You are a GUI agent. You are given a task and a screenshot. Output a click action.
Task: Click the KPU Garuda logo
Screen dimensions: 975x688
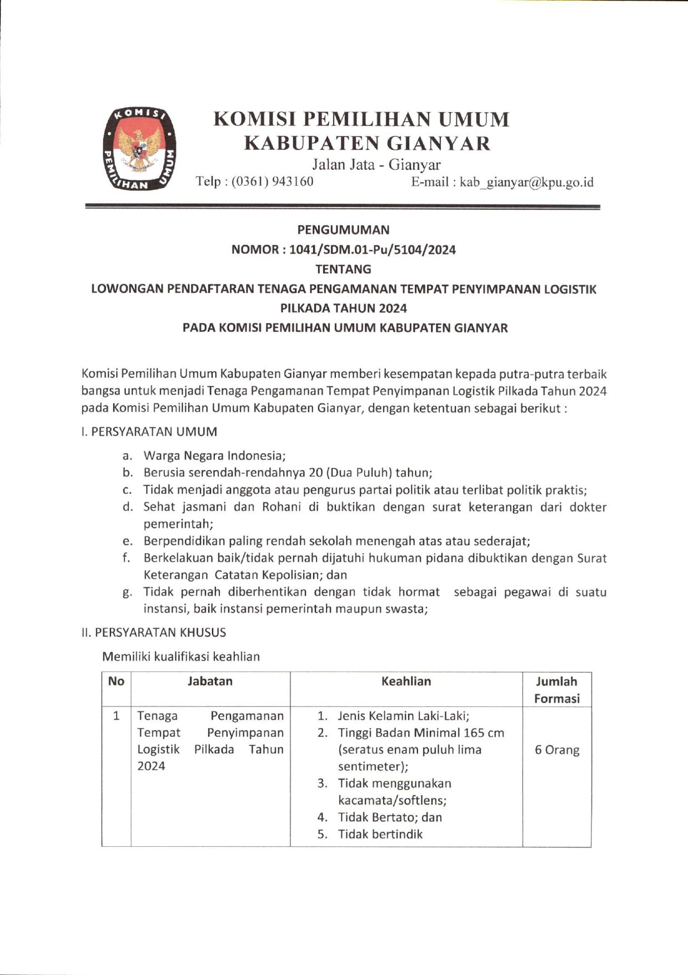pyautogui.click(x=140, y=149)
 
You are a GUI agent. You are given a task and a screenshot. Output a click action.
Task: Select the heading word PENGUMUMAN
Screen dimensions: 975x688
pyautogui.click(x=343, y=230)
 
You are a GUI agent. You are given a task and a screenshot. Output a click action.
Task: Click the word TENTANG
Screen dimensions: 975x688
pyautogui.click(x=343, y=269)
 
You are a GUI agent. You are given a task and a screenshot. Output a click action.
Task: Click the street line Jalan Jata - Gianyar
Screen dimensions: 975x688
pyautogui.click(x=376, y=164)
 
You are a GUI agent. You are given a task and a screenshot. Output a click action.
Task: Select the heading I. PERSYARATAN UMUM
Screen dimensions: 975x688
pyautogui.click(x=149, y=431)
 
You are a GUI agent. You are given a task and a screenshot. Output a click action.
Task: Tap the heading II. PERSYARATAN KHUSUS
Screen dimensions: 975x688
pyautogui.click(x=153, y=632)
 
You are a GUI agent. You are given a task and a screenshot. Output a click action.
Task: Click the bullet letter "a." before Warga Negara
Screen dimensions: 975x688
pyautogui.click(x=127, y=456)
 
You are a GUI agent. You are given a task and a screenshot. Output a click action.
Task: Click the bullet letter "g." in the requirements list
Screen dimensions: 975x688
pyautogui.click(x=127, y=592)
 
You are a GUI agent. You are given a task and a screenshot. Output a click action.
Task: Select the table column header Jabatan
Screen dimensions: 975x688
pyautogui.click(x=210, y=681)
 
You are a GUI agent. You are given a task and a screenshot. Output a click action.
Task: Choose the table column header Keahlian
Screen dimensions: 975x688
pyautogui.click(x=406, y=681)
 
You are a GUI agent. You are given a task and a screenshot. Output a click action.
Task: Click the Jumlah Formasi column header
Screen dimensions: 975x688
pyautogui.click(x=556, y=689)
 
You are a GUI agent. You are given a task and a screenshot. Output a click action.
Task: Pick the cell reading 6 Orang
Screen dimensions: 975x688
pyautogui.click(x=556, y=750)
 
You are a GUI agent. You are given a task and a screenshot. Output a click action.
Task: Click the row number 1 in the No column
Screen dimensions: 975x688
pyautogui.click(x=116, y=716)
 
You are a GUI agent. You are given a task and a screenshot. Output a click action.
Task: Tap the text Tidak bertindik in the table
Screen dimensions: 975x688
pyautogui.click(x=380, y=834)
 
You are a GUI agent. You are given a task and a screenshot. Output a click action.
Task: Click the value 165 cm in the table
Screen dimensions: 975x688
pyautogui.click(x=484, y=733)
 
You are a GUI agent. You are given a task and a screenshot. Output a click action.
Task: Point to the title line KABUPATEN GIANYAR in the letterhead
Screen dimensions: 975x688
pyautogui.click(x=368, y=143)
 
